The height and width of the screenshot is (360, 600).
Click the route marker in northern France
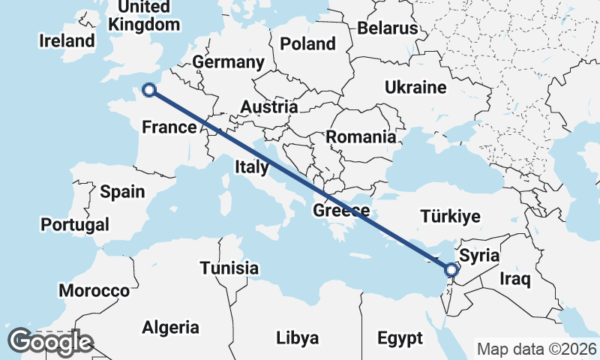[x=149, y=90]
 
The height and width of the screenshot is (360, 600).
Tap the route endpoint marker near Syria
[x=451, y=269]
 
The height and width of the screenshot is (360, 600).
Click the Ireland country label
[x=67, y=40]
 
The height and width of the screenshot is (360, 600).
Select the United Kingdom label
[x=145, y=16]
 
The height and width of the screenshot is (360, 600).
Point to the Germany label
[x=228, y=61]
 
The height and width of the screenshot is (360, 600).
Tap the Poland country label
[x=307, y=43]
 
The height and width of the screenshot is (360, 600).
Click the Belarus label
[x=387, y=28]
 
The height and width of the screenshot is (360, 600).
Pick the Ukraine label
[x=415, y=88]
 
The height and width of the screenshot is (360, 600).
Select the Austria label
[x=268, y=107]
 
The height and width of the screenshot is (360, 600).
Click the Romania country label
[x=360, y=137]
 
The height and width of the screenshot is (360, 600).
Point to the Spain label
[x=122, y=192]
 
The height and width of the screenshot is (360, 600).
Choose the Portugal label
[x=75, y=224]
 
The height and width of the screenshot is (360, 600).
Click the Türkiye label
[x=450, y=217]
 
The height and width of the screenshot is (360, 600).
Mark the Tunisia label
[x=229, y=268]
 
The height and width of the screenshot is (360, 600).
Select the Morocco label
[x=94, y=290]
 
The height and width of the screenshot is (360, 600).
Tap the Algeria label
[x=171, y=328]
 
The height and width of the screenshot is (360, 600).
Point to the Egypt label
[x=400, y=337]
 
